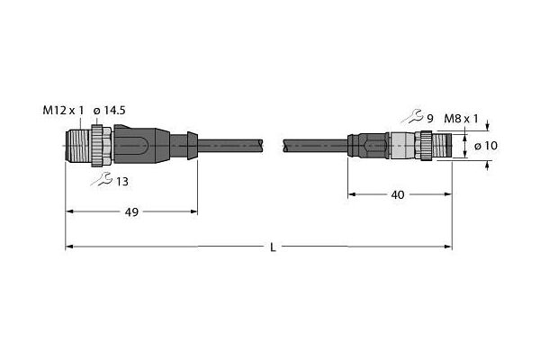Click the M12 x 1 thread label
(x=63, y=111)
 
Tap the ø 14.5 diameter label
(x=109, y=111)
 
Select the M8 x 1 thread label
(x=461, y=119)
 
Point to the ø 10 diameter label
(x=486, y=146)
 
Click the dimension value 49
(x=131, y=212)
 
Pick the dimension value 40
(x=398, y=195)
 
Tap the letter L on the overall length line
(x=273, y=247)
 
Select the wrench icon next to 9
(x=412, y=116)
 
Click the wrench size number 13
(x=121, y=182)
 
